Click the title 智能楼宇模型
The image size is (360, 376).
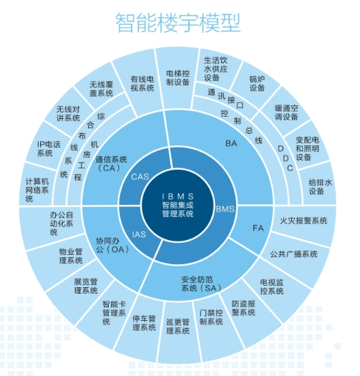tap(177, 23)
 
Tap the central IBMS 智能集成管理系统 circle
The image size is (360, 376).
tap(177, 206)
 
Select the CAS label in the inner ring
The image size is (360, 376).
tap(140, 177)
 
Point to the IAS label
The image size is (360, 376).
tap(139, 234)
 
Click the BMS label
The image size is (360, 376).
tap(225, 209)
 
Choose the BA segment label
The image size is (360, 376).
tap(231, 143)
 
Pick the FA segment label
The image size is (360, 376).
tap(258, 228)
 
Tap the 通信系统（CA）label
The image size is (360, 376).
tap(111, 163)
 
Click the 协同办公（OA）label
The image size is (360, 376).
tap(112, 245)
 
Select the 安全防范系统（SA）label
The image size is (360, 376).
tap(201, 284)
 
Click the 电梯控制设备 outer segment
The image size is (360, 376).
tap(177, 78)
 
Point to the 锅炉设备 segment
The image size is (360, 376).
tap(257, 84)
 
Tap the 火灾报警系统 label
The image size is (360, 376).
tap(303, 221)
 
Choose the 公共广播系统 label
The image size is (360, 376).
tap(294, 254)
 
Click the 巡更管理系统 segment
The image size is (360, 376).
tap(177, 327)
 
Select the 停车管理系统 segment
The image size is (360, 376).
tap(145, 323)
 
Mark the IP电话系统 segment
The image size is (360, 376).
tap(49, 149)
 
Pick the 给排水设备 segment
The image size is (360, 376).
tap(320, 187)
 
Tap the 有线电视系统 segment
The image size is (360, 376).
tap(142, 84)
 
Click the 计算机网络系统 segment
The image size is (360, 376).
tap(37, 190)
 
